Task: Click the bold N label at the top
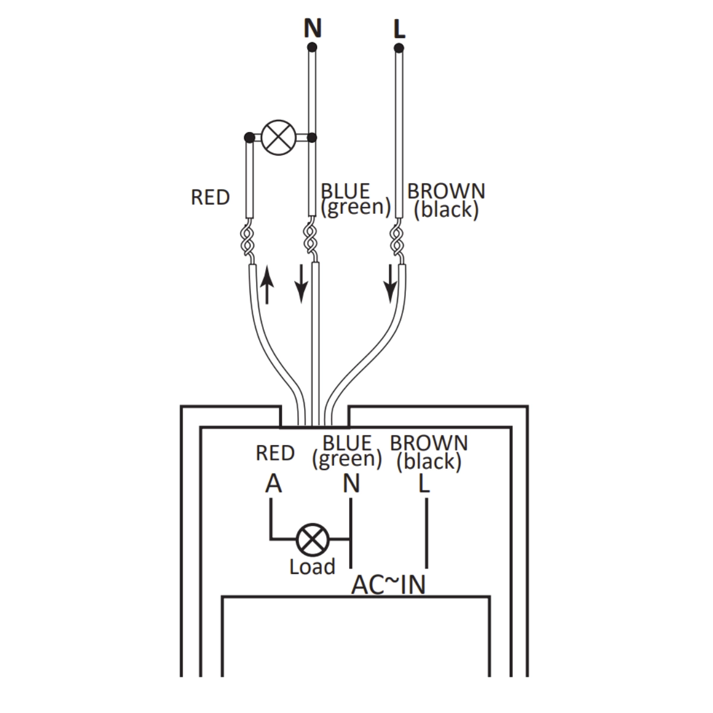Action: [x=313, y=27]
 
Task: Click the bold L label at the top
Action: [x=399, y=29]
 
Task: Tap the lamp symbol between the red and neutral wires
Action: [x=278, y=137]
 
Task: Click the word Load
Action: [x=312, y=567]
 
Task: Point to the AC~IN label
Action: [x=389, y=585]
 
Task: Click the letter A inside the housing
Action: [x=273, y=484]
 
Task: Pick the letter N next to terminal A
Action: [x=351, y=484]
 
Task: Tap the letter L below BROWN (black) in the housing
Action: [x=424, y=484]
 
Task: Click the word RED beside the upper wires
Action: [x=210, y=197]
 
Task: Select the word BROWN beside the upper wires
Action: [x=446, y=191]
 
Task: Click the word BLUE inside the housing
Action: [x=347, y=443]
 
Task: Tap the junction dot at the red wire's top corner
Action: [x=250, y=138]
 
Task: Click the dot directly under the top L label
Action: [x=399, y=48]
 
